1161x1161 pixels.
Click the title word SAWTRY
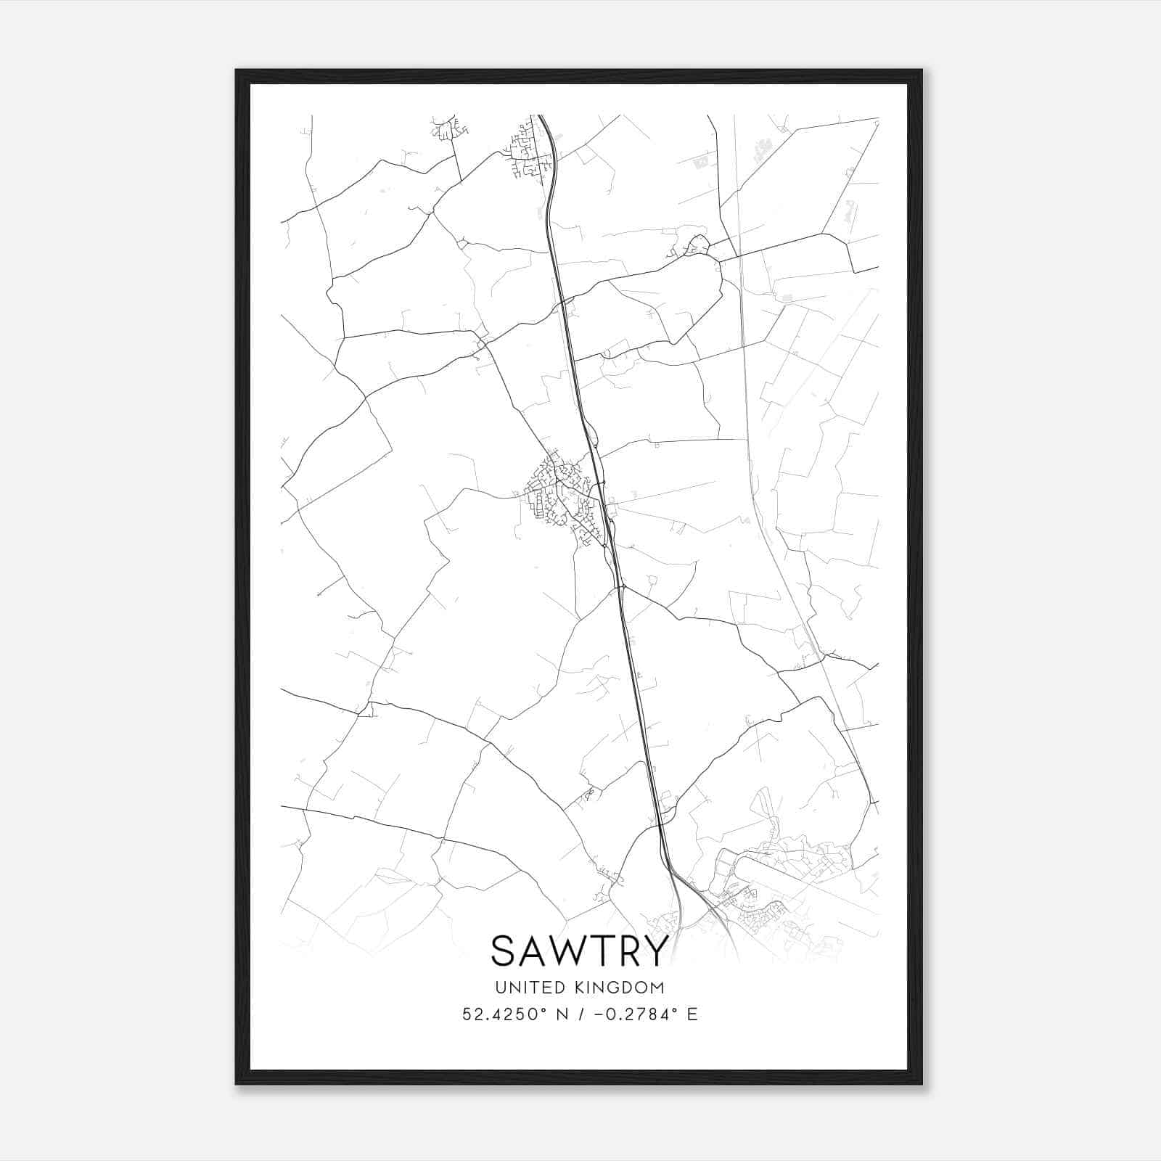[579, 951]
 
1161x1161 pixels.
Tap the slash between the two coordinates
[580, 1014]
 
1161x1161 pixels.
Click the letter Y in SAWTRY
[653, 951]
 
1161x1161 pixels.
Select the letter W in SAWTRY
[567, 951]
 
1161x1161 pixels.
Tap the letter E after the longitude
[692, 1014]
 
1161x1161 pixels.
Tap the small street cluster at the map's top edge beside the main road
[528, 149]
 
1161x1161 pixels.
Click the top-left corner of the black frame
[237, 70]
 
